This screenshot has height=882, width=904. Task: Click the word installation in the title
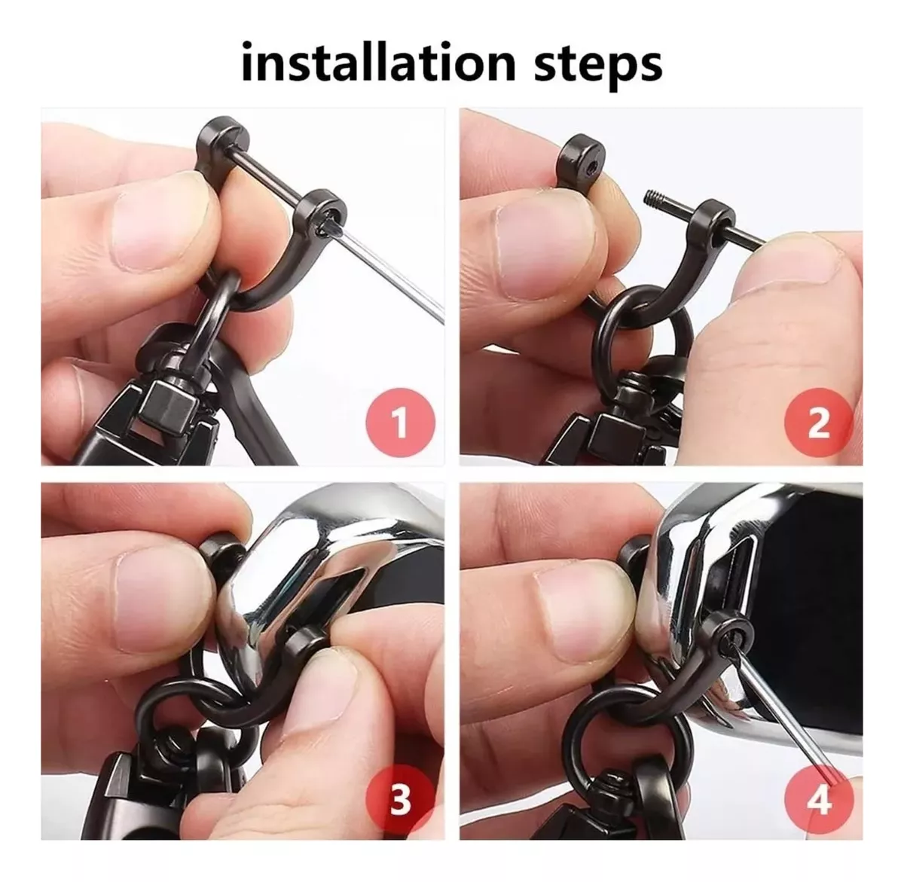pos(378,63)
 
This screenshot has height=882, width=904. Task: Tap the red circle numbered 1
pos(401,423)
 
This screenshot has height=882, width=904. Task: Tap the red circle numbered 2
pos(819,423)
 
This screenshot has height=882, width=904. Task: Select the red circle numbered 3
pos(401,799)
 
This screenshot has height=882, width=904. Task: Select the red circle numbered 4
pos(819,799)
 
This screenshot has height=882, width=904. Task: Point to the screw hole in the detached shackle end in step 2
pos(590,166)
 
